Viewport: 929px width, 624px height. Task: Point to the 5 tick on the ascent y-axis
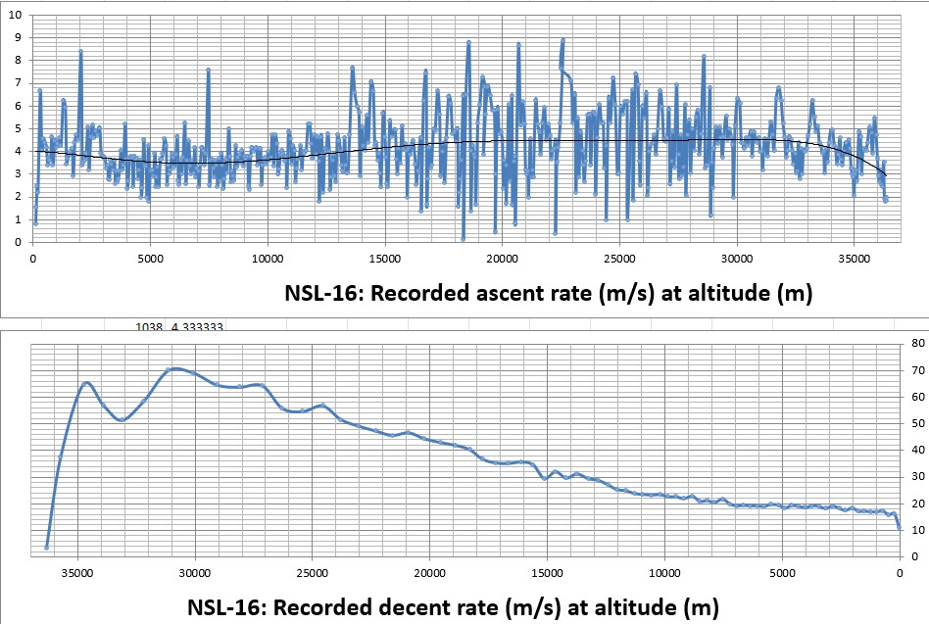[15, 126]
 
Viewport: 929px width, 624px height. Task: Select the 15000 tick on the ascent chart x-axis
[384, 260]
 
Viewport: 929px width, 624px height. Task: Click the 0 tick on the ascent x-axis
[33, 260]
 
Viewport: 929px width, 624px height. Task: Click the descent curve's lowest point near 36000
[47, 547]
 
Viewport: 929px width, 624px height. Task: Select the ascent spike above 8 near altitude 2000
[80, 52]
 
